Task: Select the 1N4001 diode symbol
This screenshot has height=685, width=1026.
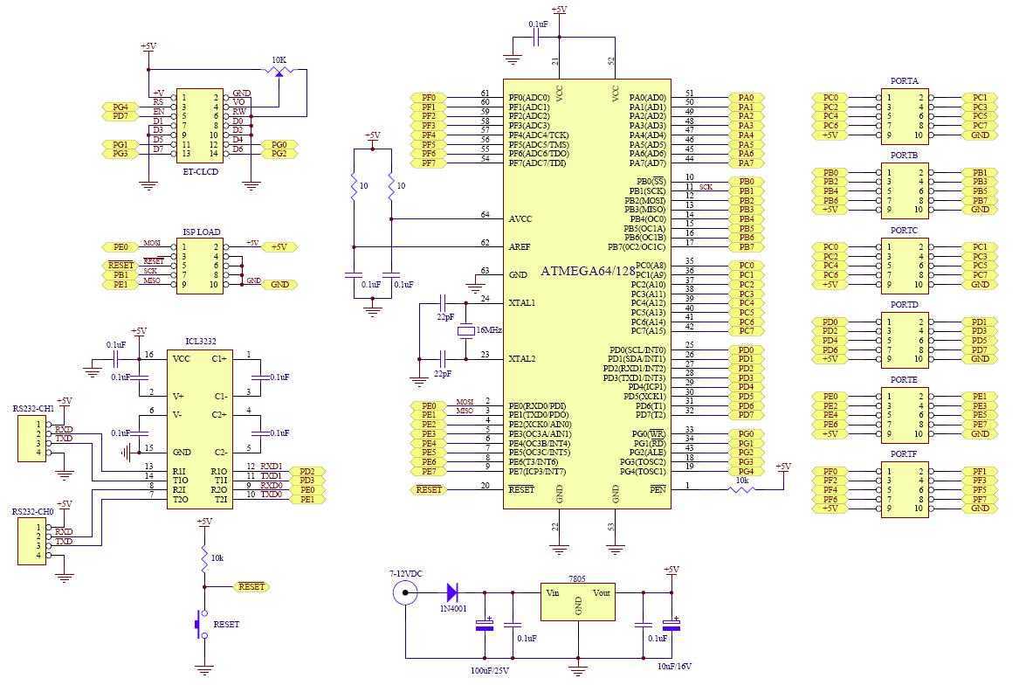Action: [452, 593]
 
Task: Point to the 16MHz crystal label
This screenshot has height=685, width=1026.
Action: [490, 330]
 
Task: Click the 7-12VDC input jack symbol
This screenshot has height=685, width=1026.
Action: [404, 593]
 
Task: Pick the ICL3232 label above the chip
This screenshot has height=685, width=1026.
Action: [201, 342]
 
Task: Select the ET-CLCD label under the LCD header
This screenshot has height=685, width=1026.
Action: [200, 172]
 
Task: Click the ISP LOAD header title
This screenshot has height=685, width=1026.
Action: [201, 232]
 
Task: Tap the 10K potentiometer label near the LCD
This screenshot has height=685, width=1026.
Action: [279, 60]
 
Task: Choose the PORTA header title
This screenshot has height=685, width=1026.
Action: [904, 81]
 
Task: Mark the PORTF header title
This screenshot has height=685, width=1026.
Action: [904, 455]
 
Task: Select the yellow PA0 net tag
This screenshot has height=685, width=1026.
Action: [745, 98]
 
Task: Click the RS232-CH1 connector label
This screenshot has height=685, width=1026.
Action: [33, 408]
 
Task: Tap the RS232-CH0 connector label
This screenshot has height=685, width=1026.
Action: [33, 511]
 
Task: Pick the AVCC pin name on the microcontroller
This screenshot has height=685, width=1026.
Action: [520, 218]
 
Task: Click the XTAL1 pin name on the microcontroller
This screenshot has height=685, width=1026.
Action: [522, 302]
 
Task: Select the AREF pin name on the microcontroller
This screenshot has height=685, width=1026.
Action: [520, 247]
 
